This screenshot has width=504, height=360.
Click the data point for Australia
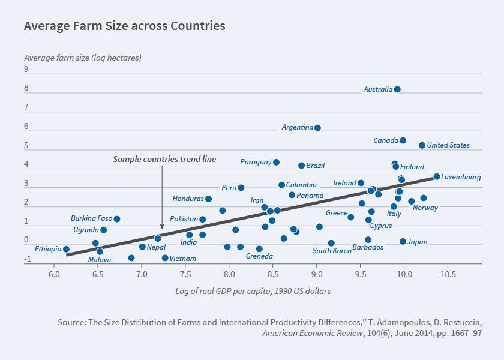[x=397, y=89]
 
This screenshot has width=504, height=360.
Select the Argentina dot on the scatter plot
[x=318, y=128]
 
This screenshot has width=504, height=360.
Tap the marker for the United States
[x=422, y=145]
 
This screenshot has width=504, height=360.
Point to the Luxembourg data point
[x=437, y=177]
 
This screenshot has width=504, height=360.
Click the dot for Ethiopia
[x=66, y=249]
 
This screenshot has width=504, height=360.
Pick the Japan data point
[x=403, y=242]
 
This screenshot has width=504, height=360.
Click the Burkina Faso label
[x=91, y=218]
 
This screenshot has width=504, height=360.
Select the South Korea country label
[x=332, y=251]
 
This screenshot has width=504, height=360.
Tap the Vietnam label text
[x=183, y=259]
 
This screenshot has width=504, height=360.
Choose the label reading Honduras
[x=188, y=199]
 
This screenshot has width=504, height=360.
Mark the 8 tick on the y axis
[x=26, y=88]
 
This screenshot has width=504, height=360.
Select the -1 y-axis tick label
[x=28, y=260]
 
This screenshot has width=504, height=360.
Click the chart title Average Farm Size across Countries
[x=125, y=26]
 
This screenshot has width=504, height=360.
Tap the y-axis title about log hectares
[x=83, y=58]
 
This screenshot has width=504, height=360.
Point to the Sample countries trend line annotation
[x=164, y=160]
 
